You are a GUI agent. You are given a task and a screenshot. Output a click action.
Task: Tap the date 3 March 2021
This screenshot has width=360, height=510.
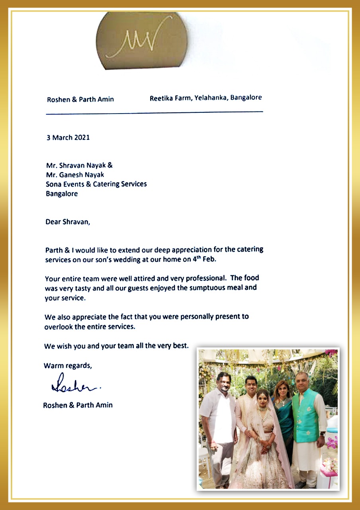point(68,137)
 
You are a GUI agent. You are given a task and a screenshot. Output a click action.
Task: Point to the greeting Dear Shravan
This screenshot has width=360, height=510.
point(68,222)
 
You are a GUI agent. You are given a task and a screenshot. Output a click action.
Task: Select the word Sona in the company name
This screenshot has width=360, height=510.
point(54,184)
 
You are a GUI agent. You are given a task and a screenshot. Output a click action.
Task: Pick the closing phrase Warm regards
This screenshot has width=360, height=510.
point(68,365)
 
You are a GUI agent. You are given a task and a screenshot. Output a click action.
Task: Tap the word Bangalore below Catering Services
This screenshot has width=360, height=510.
point(62,194)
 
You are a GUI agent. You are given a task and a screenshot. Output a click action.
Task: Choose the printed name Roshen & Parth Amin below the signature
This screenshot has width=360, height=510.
point(78,405)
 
